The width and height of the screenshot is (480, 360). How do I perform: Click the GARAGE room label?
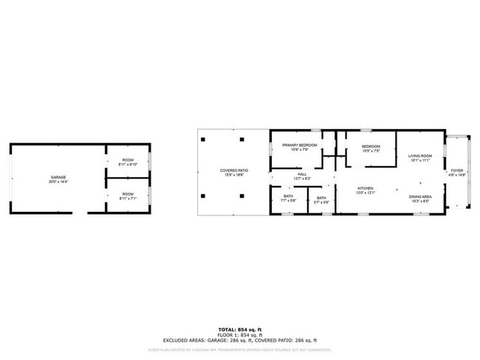click(58, 177)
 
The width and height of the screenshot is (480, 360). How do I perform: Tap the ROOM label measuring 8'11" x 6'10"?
click(128, 161)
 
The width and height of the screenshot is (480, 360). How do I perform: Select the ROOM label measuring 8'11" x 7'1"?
click(128, 194)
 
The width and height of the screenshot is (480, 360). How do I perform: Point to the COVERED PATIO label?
click(233, 170)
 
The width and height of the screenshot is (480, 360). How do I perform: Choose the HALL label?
click(302, 174)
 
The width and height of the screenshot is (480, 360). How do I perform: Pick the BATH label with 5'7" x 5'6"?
click(321, 198)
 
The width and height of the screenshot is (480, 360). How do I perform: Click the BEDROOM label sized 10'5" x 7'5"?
click(371, 146)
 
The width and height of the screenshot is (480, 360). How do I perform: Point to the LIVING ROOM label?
click(419, 156)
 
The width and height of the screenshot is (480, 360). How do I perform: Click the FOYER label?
click(458, 170)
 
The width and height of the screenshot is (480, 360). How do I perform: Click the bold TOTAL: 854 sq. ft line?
click(240, 329)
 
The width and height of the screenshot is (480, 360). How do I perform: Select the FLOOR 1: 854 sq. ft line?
click(240, 334)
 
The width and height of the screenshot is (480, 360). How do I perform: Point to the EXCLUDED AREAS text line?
click(240, 340)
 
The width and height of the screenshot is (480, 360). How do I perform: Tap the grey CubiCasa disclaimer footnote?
click(240, 349)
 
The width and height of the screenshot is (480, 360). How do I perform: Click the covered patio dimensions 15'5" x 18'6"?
click(233, 175)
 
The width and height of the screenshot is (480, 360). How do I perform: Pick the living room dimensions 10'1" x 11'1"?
click(419, 160)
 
